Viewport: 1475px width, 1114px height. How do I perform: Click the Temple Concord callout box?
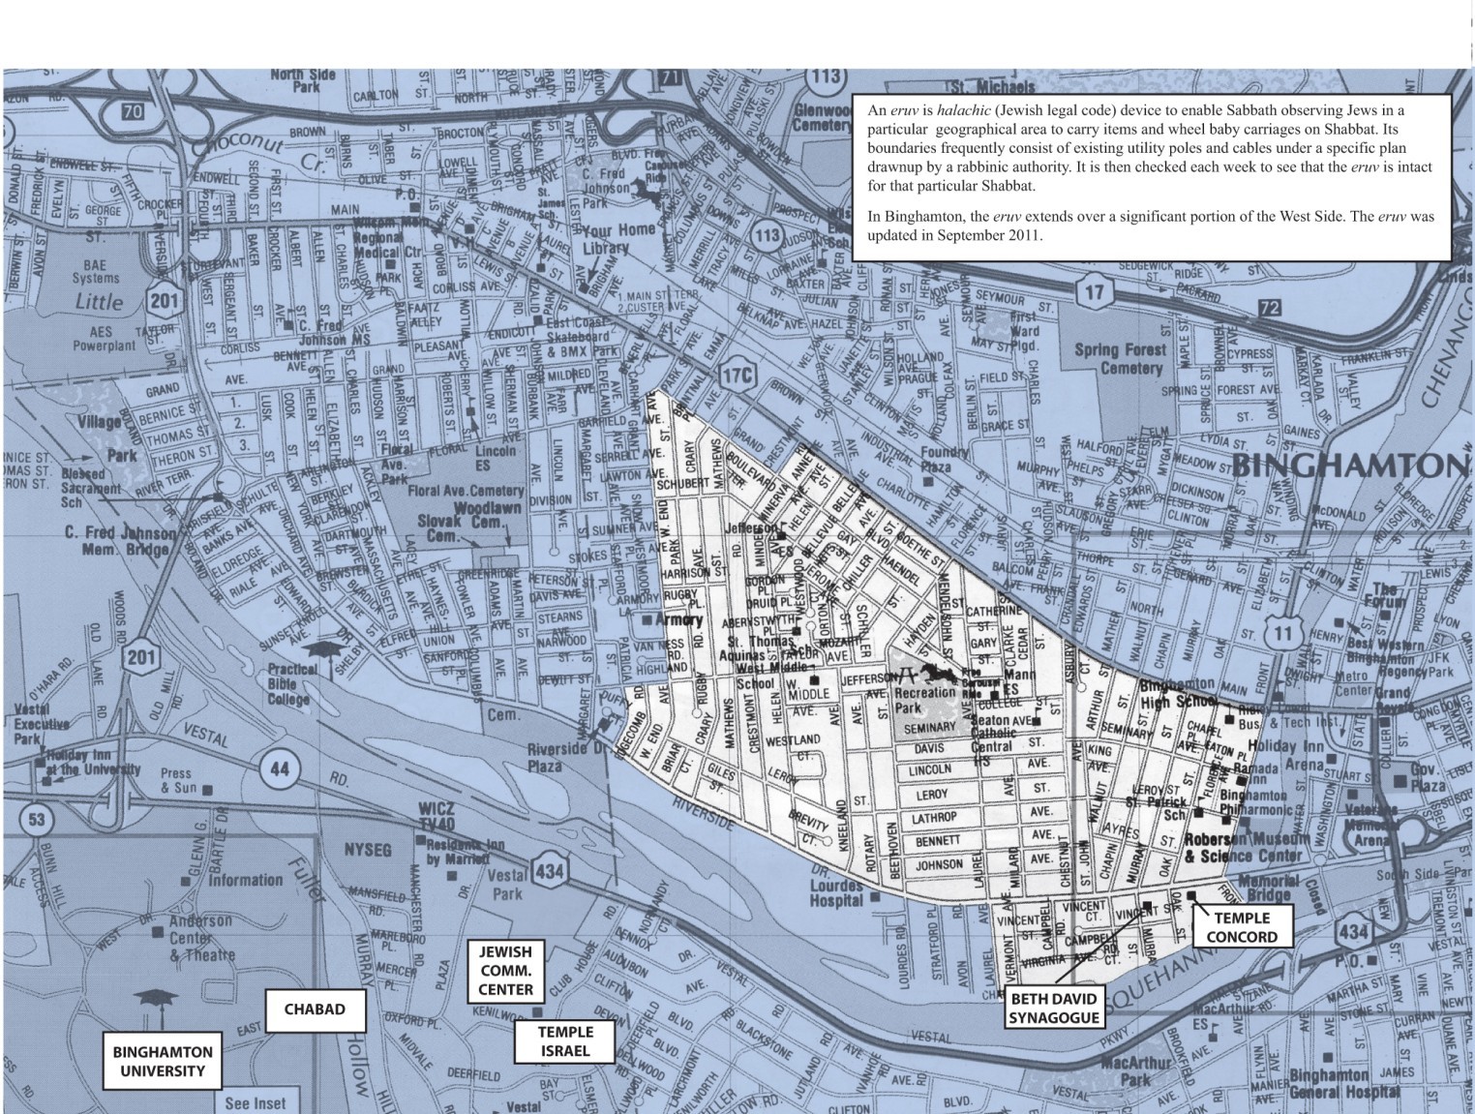pyautogui.click(x=1241, y=927)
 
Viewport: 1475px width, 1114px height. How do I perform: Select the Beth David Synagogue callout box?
pyautogui.click(x=1055, y=1008)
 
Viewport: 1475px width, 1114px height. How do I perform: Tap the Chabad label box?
pyautogui.click(x=315, y=1009)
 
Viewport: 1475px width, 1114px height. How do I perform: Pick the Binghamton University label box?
pyautogui.click(x=163, y=1061)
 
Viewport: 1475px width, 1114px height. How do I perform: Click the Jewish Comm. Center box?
pyautogui.click(x=505, y=970)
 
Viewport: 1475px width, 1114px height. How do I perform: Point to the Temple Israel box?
pyautogui.click(x=565, y=1041)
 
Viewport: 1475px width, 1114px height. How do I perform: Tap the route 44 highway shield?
pyautogui.click(x=278, y=769)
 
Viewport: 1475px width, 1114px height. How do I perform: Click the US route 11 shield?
pyautogui.click(x=1283, y=634)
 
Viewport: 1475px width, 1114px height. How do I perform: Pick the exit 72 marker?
pyautogui.click(x=1270, y=309)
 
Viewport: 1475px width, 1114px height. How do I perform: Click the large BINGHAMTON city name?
pyautogui.click(x=1351, y=466)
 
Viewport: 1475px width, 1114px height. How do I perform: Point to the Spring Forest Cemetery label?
pyautogui.click(x=1119, y=358)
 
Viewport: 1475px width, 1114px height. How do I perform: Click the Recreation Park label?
pyautogui.click(x=924, y=700)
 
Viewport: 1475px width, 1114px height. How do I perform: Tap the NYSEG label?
pyautogui.click(x=368, y=850)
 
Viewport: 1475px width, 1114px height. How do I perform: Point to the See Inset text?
pyautogui.click(x=256, y=1102)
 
